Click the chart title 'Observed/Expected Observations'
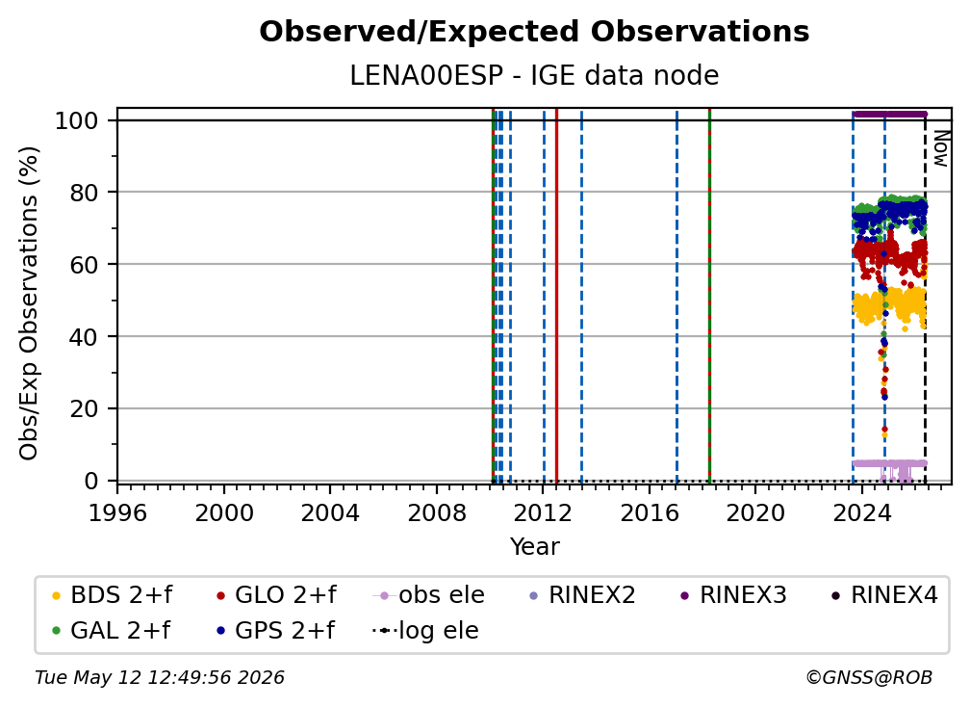(x=534, y=32)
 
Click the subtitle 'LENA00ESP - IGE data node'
(x=534, y=75)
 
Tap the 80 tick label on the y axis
(x=84, y=193)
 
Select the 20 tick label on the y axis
(x=84, y=408)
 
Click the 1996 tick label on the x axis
(x=117, y=513)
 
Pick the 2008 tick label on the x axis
(x=436, y=513)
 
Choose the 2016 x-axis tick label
(x=649, y=513)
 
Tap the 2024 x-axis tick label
(x=862, y=513)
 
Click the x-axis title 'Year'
(x=534, y=547)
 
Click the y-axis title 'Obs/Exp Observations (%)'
(x=29, y=303)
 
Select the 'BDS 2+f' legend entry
(x=112, y=595)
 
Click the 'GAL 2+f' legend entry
(x=111, y=630)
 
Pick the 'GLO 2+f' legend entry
(x=276, y=595)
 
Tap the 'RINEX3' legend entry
(x=733, y=595)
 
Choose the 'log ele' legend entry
(x=425, y=630)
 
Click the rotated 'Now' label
(x=940, y=148)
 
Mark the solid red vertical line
(x=557, y=296)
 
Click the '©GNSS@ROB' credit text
(x=869, y=677)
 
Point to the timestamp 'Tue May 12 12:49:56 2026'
(x=160, y=677)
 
